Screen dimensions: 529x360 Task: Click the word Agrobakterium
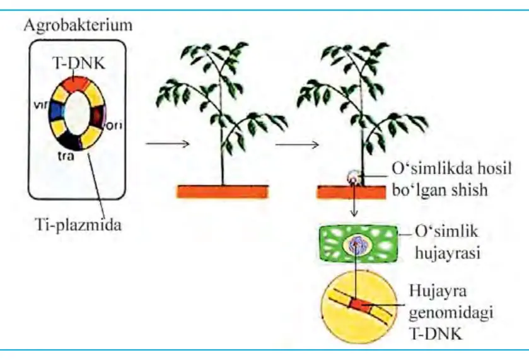point(78,26)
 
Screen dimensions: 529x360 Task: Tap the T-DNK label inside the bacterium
point(78,63)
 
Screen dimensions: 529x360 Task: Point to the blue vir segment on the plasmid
point(55,112)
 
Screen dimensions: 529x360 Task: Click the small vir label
point(41,105)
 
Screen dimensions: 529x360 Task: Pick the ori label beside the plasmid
point(113,125)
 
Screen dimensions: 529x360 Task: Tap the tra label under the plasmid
point(66,156)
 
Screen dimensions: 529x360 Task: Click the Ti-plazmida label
point(78,224)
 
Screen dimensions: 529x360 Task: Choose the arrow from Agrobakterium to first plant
point(167,144)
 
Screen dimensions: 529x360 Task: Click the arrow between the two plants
point(297,145)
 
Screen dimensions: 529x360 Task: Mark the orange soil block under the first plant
point(223,192)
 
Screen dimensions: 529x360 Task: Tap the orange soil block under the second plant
point(351,192)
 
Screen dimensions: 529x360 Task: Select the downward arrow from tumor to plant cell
point(354,199)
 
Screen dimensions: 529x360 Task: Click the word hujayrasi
point(448,253)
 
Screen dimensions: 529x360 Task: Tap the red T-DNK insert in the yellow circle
point(359,305)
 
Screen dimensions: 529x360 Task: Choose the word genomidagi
point(451,313)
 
